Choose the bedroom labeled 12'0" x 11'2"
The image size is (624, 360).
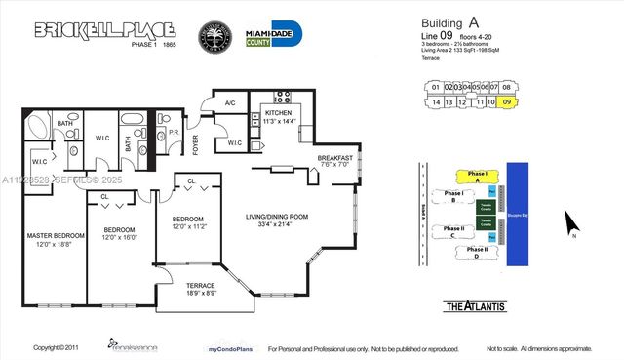(x=189, y=221)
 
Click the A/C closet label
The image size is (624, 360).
(x=230, y=102)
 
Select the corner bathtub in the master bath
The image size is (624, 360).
(x=39, y=126)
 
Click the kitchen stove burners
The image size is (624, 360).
(x=283, y=97)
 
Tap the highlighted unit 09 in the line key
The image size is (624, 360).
(x=506, y=100)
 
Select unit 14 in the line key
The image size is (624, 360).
(x=434, y=100)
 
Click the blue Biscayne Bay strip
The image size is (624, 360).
(x=521, y=214)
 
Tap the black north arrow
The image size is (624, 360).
(x=571, y=223)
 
